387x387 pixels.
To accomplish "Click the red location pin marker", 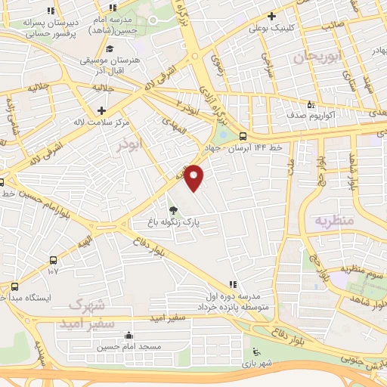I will (x=195, y=177).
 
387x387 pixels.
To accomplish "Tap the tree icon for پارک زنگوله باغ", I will (x=175, y=211).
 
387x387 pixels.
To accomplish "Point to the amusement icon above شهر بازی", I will (x=257, y=351).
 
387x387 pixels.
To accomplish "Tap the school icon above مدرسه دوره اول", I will (x=234, y=284).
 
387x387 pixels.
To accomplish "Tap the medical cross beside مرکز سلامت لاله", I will (x=110, y=110).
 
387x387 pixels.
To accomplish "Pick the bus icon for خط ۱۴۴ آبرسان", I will (x=242, y=137).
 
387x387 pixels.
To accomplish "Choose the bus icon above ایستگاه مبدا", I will (x=14, y=286).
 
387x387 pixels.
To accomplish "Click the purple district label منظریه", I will (x=329, y=221).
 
